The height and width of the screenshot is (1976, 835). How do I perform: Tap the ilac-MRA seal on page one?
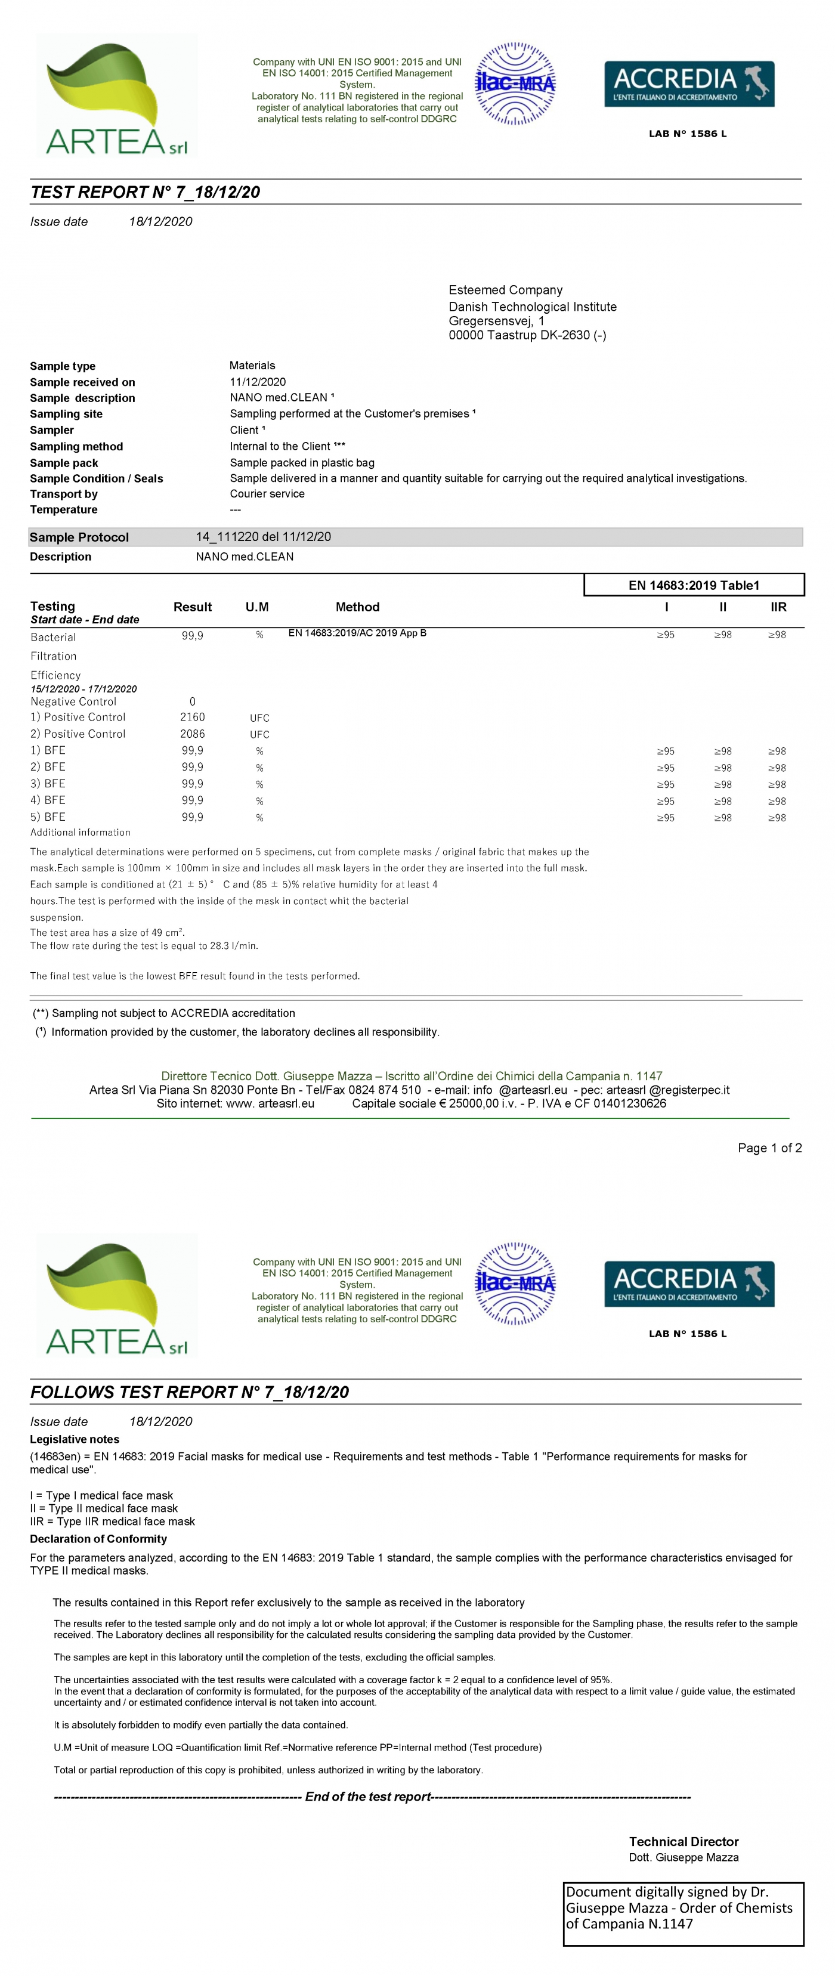tap(515, 84)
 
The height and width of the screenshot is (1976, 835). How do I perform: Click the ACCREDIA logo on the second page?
tap(688, 1284)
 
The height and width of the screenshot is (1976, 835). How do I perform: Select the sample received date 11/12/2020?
tap(258, 382)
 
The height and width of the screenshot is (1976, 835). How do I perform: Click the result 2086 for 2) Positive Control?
tap(193, 734)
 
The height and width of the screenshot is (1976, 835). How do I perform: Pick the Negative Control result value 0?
tap(193, 701)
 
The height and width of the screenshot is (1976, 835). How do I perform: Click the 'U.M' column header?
tap(257, 607)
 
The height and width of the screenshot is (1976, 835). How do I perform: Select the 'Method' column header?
tap(357, 607)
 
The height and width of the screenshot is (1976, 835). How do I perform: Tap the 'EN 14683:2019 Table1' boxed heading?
tap(693, 585)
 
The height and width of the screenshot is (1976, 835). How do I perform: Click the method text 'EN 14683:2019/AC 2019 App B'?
tap(357, 633)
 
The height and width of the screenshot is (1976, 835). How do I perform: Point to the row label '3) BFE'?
tap(48, 784)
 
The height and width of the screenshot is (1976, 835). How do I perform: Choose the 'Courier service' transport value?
tap(267, 494)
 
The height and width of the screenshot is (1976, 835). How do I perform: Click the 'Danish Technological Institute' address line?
tap(532, 307)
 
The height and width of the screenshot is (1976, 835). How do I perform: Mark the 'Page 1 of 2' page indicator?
tap(769, 1148)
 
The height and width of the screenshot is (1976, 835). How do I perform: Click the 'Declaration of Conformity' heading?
tap(98, 1539)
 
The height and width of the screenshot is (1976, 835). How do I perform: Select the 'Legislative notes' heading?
tap(75, 1439)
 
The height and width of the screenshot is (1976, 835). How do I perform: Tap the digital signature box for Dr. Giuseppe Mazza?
tap(683, 1913)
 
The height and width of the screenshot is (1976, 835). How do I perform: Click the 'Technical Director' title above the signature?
tap(683, 1841)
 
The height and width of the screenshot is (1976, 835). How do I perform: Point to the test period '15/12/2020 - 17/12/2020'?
tap(83, 689)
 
